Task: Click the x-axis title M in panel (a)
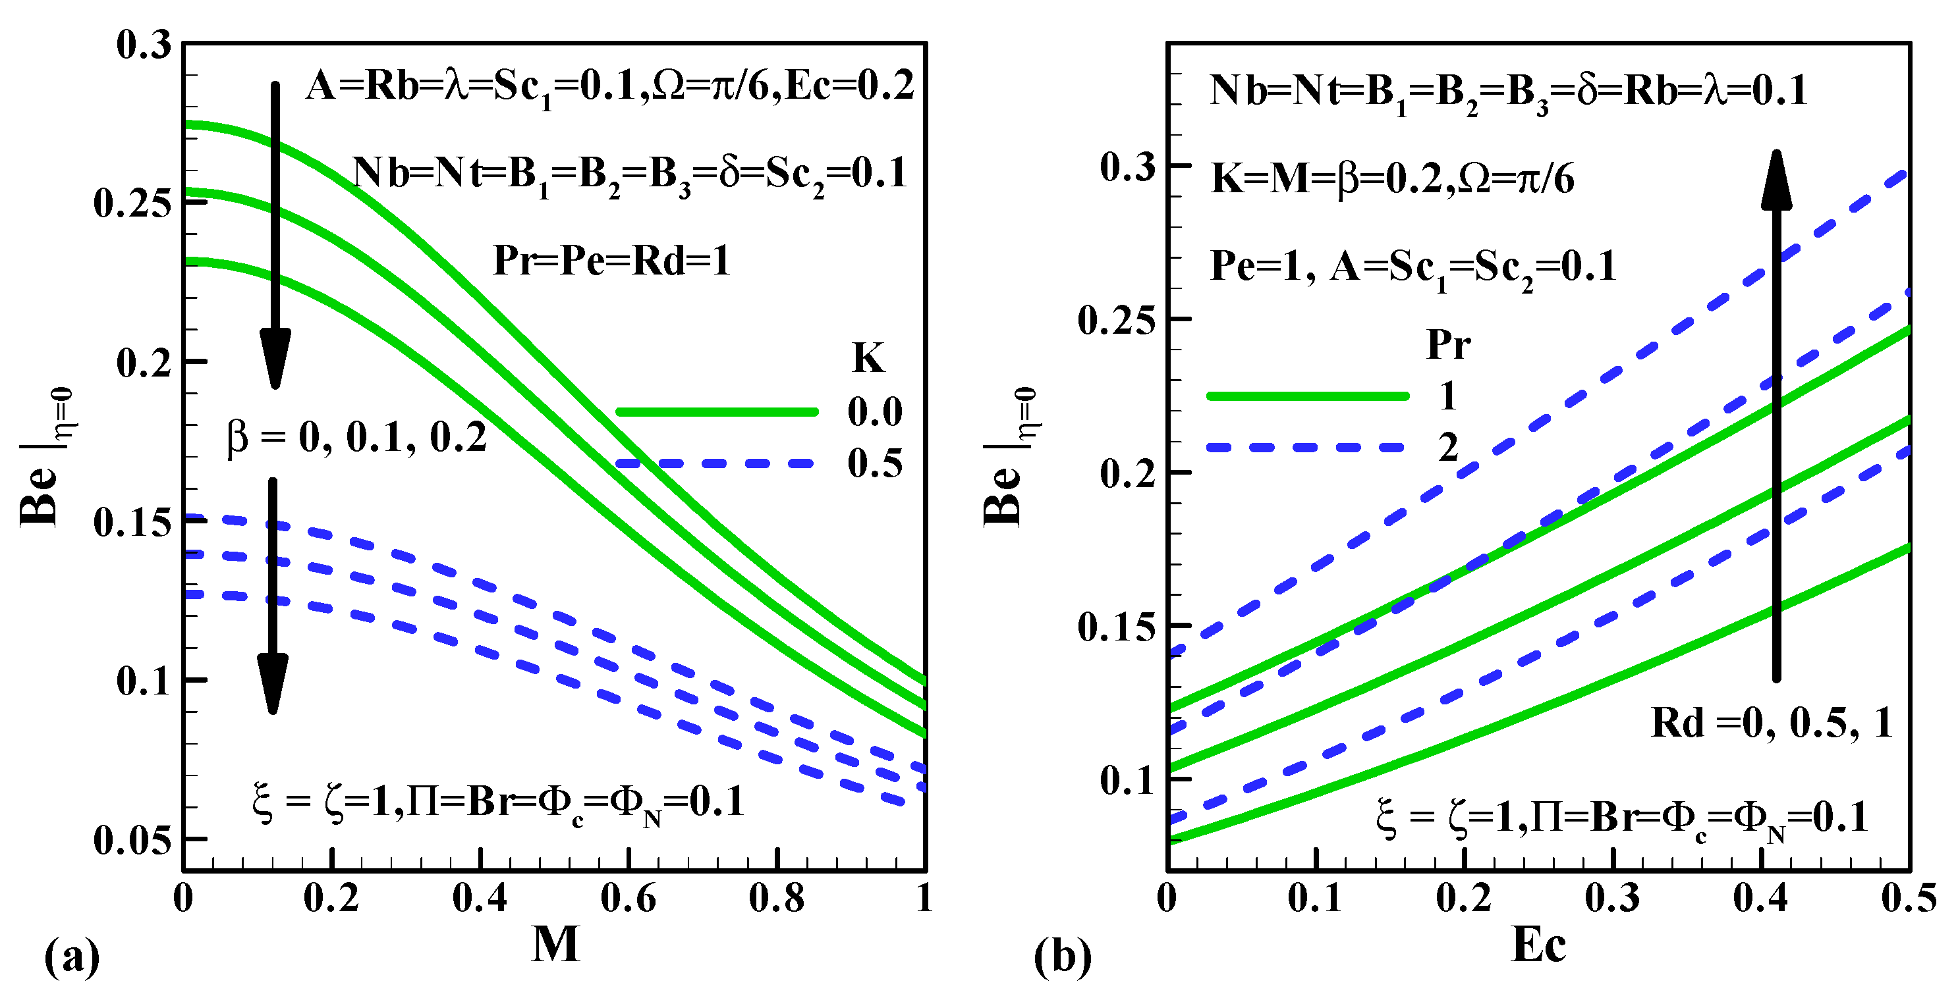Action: pyautogui.click(x=555, y=945)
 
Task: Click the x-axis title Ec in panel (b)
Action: pyautogui.click(x=1538, y=945)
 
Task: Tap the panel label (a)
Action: pyautogui.click(x=72, y=957)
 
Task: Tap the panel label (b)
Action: pyautogui.click(x=1062, y=957)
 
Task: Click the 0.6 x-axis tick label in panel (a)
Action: pyautogui.click(x=628, y=899)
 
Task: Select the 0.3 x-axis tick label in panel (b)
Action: pyautogui.click(x=1612, y=899)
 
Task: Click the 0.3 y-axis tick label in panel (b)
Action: pyautogui.click(x=1127, y=167)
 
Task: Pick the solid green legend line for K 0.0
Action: pyautogui.click(x=716, y=412)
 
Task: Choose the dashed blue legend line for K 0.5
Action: pyautogui.click(x=716, y=463)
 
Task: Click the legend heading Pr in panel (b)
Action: pyautogui.click(x=1448, y=345)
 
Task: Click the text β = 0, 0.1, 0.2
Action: pyautogui.click(x=357, y=438)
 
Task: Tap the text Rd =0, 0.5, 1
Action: pyautogui.click(x=1771, y=723)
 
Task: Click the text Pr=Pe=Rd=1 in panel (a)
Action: pyautogui.click(x=612, y=261)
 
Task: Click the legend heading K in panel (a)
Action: pyautogui.click(x=868, y=358)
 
